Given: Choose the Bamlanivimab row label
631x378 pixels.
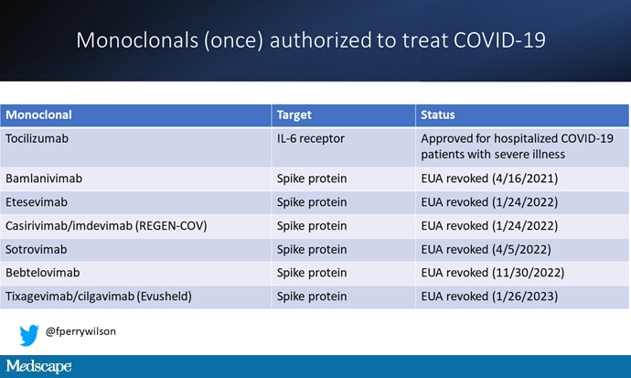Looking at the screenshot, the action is (x=44, y=178).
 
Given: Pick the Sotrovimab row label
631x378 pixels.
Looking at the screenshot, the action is (x=37, y=250).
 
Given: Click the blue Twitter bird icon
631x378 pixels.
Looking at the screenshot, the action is (x=29, y=335).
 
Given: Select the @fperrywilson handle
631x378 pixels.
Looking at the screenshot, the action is (x=80, y=331).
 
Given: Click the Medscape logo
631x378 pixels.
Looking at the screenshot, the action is (x=38, y=366).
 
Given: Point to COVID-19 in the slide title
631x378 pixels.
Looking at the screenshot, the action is (x=499, y=40).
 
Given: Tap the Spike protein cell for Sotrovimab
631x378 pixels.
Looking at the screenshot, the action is (x=312, y=250).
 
